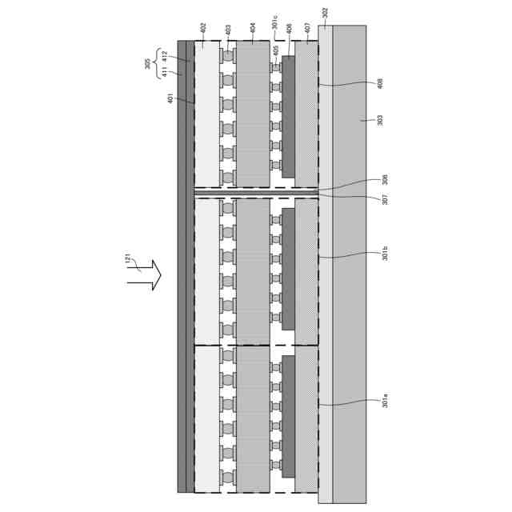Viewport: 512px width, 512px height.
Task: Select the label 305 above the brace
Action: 148,64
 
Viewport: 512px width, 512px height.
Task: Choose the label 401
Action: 170,99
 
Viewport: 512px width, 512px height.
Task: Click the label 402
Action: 202,30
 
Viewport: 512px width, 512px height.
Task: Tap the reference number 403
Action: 228,30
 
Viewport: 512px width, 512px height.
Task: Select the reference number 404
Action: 253,30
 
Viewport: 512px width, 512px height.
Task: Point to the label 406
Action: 289,30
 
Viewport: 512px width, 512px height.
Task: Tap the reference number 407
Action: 308,30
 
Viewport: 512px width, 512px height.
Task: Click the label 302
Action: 325,14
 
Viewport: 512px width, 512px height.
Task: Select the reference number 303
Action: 380,120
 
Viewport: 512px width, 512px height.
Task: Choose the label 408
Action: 380,83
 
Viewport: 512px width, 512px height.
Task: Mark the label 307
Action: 385,199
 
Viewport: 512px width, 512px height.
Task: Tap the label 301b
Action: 385,254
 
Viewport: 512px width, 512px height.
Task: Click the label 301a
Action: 385,401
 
